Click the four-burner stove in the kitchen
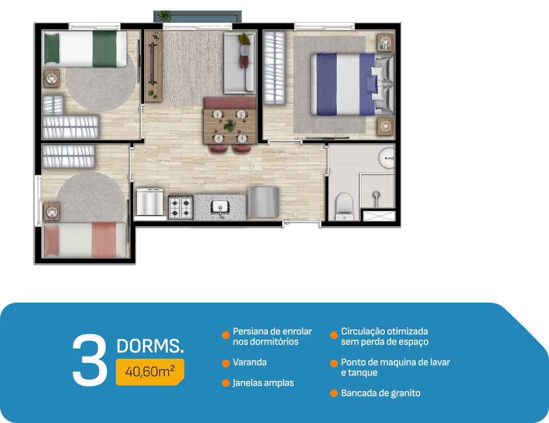point(181,207)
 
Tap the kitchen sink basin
point(220,206)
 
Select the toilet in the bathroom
point(344,207)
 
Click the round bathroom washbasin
point(387,158)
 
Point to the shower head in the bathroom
point(376,195)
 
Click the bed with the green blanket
point(85,49)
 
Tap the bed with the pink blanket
point(84,240)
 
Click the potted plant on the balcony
point(164,16)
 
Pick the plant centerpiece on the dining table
point(230,126)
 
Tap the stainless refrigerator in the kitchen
point(263,202)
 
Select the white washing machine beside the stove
point(149,202)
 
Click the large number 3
point(90,360)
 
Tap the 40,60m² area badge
point(150,372)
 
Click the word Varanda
point(250,362)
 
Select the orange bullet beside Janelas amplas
point(226,383)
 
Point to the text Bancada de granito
point(381,393)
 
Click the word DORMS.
point(150,346)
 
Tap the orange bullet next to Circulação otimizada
point(334,335)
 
